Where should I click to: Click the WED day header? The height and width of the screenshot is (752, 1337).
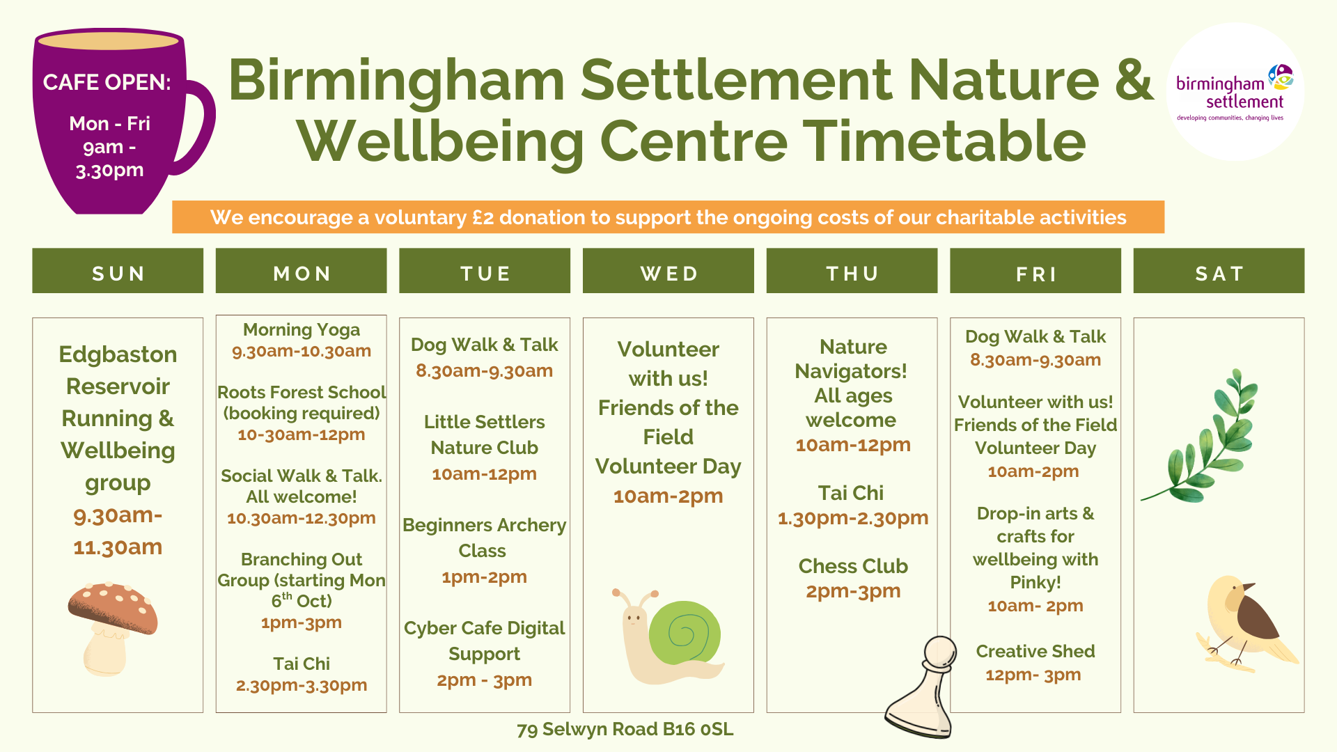pyautogui.click(x=668, y=273)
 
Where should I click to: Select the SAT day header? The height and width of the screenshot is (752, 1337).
pyautogui.click(x=1219, y=273)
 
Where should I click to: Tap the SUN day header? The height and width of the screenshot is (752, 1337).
pyautogui.click(x=118, y=273)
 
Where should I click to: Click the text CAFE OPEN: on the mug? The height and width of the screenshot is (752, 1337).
pyautogui.click(x=107, y=82)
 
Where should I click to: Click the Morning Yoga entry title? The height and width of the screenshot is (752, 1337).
pyautogui.click(x=302, y=329)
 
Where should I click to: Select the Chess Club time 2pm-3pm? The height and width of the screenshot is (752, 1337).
pyautogui.click(x=853, y=591)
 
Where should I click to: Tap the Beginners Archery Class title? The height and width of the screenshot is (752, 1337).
pyautogui.click(x=484, y=538)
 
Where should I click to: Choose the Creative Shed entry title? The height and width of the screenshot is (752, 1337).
pyautogui.click(x=1035, y=651)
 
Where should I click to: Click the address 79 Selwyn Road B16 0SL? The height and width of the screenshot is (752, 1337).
pyautogui.click(x=625, y=729)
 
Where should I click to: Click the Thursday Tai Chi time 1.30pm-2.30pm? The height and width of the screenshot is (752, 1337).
pyautogui.click(x=853, y=518)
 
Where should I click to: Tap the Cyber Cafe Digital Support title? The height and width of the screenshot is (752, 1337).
pyautogui.click(x=484, y=641)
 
